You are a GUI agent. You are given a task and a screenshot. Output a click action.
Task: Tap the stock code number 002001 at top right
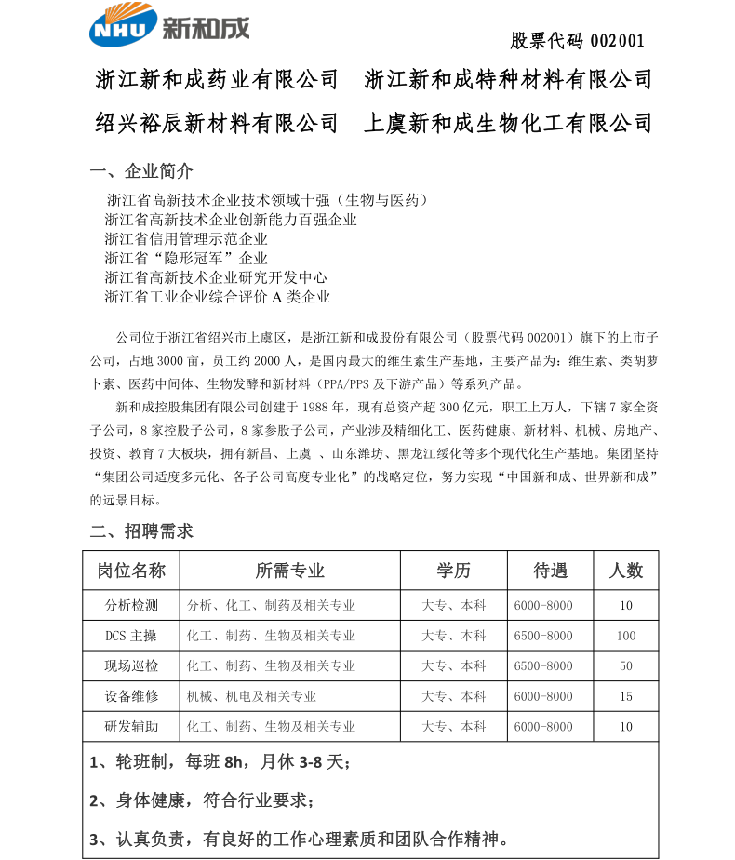pyautogui.click(x=617, y=41)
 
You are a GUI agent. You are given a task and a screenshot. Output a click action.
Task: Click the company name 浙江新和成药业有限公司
pyautogui.click(x=218, y=80)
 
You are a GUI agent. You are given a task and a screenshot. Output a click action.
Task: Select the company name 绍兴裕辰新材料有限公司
pyautogui.click(x=218, y=123)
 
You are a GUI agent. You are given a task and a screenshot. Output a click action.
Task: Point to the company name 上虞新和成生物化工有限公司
pyautogui.click(x=508, y=123)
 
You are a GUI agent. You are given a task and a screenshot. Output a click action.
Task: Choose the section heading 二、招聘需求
pyautogui.click(x=141, y=531)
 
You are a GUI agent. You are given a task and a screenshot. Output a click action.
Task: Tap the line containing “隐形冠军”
pyautogui.click(x=186, y=258)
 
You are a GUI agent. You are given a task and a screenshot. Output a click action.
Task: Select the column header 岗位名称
pyautogui.click(x=131, y=570)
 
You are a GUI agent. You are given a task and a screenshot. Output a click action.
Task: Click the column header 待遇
pyautogui.click(x=550, y=570)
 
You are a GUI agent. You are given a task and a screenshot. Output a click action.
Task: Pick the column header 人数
pyautogui.click(x=626, y=570)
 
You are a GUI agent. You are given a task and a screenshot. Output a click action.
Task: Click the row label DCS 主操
pyautogui.click(x=131, y=636)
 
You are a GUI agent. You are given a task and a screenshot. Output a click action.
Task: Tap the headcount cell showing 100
pyautogui.click(x=626, y=636)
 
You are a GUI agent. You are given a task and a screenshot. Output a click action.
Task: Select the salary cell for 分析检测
pyautogui.click(x=543, y=606)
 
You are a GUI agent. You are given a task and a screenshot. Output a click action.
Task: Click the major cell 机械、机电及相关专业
pyautogui.click(x=251, y=696)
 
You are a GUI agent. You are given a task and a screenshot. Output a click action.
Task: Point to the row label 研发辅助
pyautogui.click(x=131, y=727)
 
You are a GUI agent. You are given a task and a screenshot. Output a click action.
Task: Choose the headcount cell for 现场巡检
pyautogui.click(x=626, y=666)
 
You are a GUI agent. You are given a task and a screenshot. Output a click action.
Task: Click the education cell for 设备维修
pyautogui.click(x=454, y=696)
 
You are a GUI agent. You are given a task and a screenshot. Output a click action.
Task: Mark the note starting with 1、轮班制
pyautogui.click(x=220, y=762)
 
